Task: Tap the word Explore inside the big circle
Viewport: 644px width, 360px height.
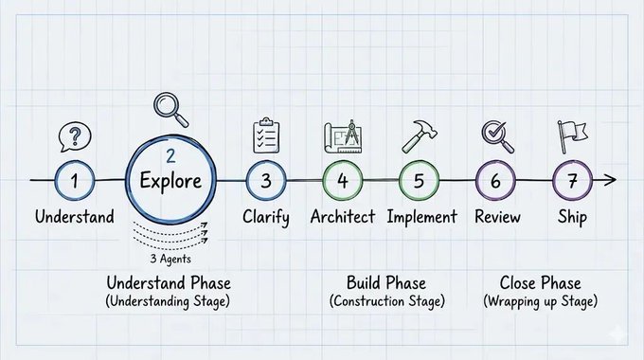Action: tap(170, 181)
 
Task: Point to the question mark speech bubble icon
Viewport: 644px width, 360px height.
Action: tap(75, 136)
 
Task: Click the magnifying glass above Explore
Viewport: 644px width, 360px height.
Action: tap(170, 110)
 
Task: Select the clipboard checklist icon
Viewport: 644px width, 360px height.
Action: tap(266, 135)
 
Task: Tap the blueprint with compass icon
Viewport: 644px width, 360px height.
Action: tap(343, 136)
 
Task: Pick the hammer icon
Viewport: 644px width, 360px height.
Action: tap(420, 136)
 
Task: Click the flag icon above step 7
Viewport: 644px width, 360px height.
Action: tap(572, 136)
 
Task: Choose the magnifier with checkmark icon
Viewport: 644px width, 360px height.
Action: tap(497, 136)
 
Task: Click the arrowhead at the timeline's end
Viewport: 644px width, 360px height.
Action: tap(610, 180)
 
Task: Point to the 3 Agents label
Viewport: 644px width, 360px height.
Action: tap(170, 259)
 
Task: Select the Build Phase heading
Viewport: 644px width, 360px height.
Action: tap(386, 283)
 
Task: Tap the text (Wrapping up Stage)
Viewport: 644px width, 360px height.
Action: tap(540, 301)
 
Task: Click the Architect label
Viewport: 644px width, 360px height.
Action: tap(343, 217)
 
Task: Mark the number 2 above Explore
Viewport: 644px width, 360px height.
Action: tap(170, 156)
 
